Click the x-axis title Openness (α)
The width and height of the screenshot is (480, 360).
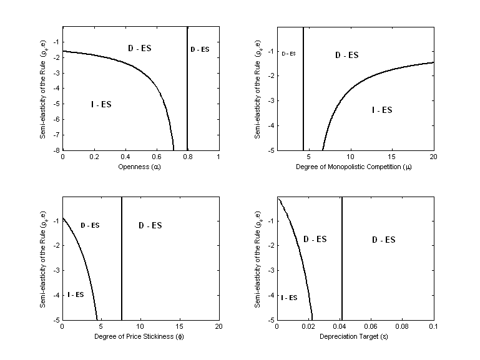(140, 167)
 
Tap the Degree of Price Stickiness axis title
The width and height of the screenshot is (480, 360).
(140, 337)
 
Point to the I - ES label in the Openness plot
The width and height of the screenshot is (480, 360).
(101, 104)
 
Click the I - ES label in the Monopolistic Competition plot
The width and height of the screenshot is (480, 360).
(381, 110)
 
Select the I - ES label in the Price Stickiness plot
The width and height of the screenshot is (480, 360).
(76, 294)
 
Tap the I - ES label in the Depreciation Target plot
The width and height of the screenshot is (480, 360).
(288, 298)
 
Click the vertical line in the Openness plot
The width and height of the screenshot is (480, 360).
(187, 87)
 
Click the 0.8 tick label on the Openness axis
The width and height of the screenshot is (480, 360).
(187, 158)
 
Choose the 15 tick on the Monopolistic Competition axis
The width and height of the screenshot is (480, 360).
(392, 158)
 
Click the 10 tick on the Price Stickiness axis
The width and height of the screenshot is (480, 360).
(140, 328)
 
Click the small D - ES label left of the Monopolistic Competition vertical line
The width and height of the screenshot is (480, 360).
(288, 54)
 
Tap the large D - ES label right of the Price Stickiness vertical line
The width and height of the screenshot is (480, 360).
(150, 225)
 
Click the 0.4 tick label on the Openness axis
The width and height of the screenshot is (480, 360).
(125, 158)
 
